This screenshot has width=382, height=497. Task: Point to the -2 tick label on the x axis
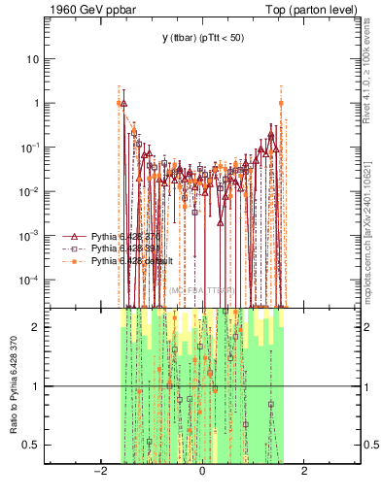click(99, 472)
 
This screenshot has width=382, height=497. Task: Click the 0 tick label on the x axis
click(201, 472)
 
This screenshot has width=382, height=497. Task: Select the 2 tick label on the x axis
click(304, 472)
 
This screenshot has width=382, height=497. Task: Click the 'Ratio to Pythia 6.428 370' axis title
click(13, 385)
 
